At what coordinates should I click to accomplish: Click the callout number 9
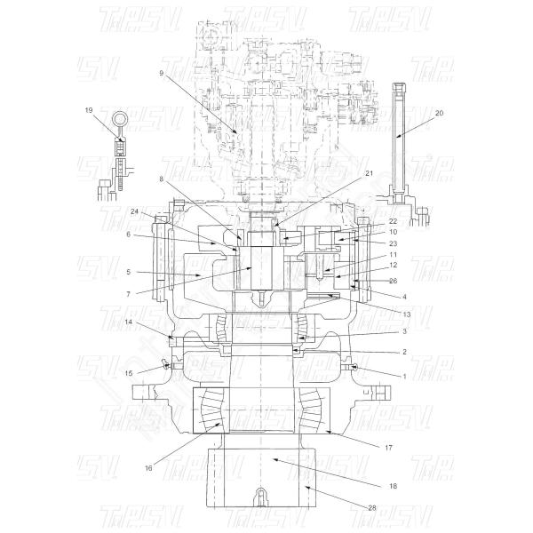point(162,74)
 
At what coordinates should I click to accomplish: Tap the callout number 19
point(89,109)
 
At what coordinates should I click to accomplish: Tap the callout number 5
point(128,272)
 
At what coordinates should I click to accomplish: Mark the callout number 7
point(128,293)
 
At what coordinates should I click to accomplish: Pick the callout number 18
point(392,487)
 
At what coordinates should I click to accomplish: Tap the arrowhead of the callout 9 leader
point(236,134)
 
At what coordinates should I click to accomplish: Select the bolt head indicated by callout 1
point(356,366)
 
